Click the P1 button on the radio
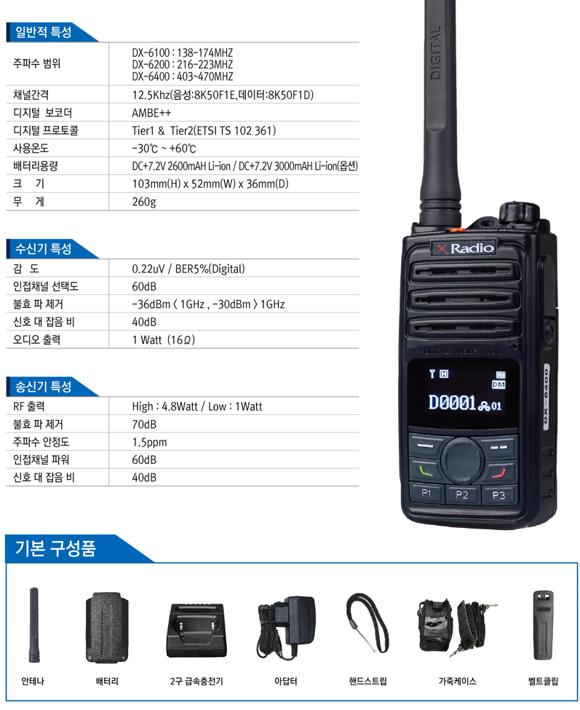(x=426, y=494)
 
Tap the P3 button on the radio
(x=498, y=495)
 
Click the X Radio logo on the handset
(x=464, y=248)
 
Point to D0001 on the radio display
(x=451, y=403)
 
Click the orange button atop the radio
(x=453, y=230)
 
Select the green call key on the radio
(x=425, y=470)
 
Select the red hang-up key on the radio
(x=498, y=473)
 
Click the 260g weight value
(x=144, y=202)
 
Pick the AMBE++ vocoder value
(x=151, y=113)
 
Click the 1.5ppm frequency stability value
(x=149, y=443)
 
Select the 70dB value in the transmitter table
(x=144, y=425)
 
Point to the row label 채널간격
(x=31, y=95)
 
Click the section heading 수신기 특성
(x=44, y=248)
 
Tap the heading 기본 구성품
(x=55, y=548)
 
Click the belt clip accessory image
(x=543, y=625)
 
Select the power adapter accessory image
(x=286, y=627)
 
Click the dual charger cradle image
(x=196, y=630)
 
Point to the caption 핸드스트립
(x=368, y=681)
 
